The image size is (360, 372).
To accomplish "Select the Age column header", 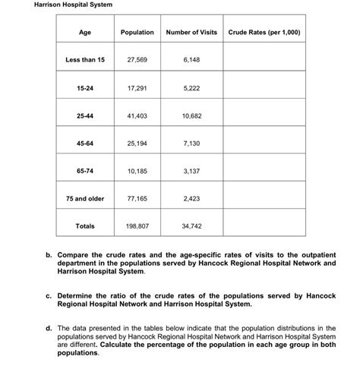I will click(85, 32).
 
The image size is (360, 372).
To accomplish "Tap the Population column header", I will click(137, 32).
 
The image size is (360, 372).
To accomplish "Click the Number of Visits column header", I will click(191, 32).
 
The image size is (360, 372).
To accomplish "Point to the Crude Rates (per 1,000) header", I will click(264, 32).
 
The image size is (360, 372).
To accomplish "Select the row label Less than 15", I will click(85, 59).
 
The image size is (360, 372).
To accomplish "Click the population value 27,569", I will click(137, 59).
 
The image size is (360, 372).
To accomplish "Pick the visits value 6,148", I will click(191, 59).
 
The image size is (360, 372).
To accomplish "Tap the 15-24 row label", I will click(85, 87).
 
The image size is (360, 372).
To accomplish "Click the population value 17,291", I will click(137, 87).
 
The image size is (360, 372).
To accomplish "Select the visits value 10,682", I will click(191, 115).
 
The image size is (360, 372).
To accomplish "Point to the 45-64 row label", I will click(85, 143).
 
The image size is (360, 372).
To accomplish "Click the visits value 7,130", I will click(191, 143).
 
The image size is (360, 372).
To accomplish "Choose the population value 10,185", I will click(137, 171).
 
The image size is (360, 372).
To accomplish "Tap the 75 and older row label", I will click(85, 198).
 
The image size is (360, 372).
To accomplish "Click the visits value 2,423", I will click(191, 198).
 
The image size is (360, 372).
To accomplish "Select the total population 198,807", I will click(137, 226).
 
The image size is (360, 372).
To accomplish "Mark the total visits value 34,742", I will click(191, 226).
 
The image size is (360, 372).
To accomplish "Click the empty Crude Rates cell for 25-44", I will click(264, 115).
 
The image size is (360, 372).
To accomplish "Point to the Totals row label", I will click(85, 226).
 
